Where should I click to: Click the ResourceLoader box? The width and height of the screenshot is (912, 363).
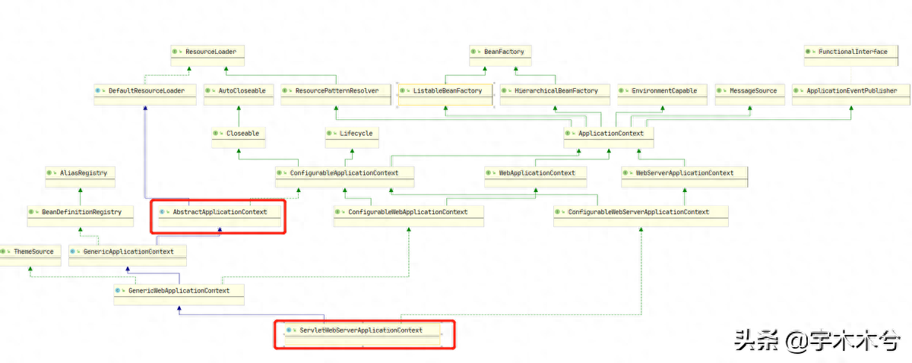click(x=207, y=55)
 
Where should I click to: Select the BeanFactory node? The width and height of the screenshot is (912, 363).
click(x=500, y=55)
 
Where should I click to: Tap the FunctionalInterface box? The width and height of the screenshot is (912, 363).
click(x=851, y=55)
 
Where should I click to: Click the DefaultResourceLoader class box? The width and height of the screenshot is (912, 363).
click(x=145, y=95)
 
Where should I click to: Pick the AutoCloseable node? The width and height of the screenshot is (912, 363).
click(x=239, y=95)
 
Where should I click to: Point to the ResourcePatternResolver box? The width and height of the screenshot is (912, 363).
click(x=336, y=95)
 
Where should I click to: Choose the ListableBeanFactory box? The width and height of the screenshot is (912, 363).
click(x=445, y=95)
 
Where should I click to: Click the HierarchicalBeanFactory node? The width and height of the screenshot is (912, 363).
click(x=555, y=95)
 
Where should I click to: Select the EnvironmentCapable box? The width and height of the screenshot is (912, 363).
click(x=662, y=95)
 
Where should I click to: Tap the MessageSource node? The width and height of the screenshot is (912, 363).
click(x=750, y=95)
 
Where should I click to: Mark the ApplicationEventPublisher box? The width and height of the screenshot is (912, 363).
click(x=851, y=95)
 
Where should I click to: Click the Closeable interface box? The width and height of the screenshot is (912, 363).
click(x=239, y=137)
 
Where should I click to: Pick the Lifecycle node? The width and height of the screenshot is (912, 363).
click(x=352, y=137)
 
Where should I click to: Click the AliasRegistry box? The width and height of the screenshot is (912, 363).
click(x=81, y=177)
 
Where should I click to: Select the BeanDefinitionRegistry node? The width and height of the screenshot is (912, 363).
click(x=81, y=216)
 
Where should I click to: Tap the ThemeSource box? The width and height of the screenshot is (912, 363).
click(x=30, y=256)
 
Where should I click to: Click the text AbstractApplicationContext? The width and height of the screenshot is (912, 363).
click(x=220, y=212)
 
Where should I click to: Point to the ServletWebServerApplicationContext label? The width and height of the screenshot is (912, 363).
click(x=361, y=330)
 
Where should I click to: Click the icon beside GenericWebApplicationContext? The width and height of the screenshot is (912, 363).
click(x=118, y=291)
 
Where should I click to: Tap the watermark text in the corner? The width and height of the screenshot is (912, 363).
click(x=817, y=340)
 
